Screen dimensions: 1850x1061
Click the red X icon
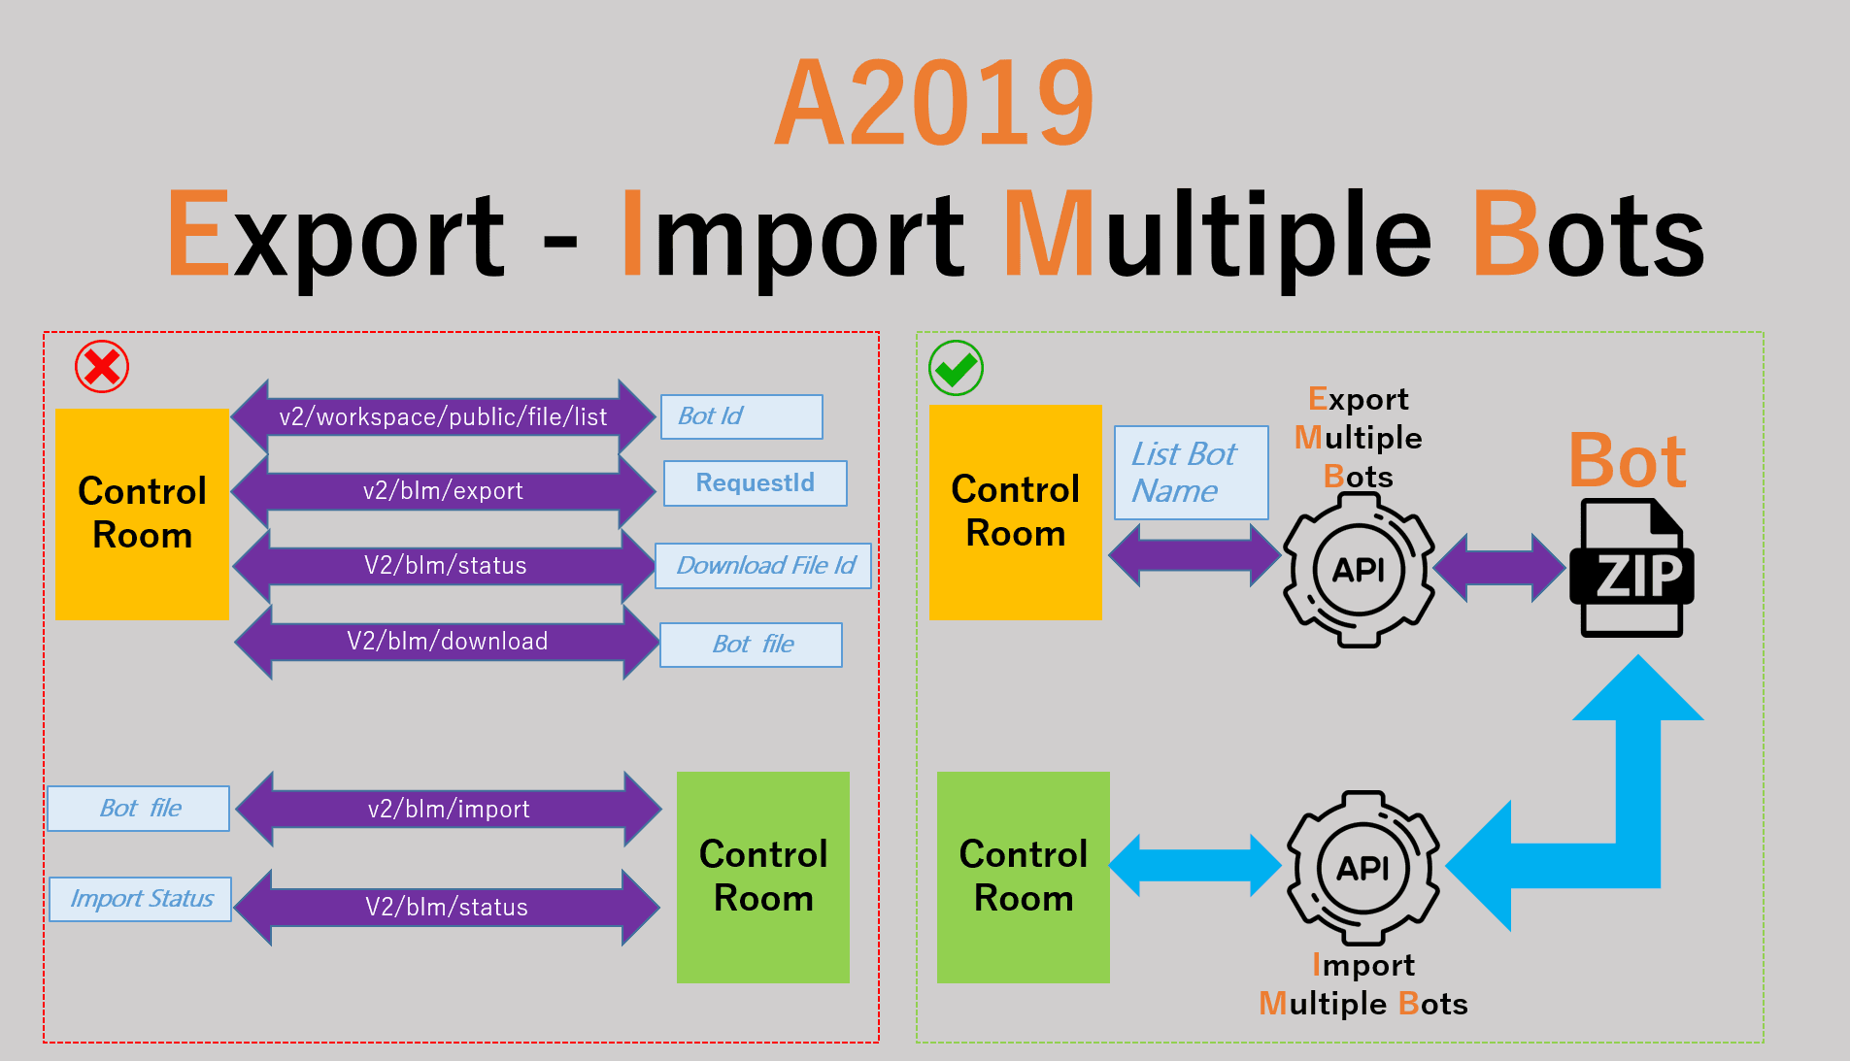[x=102, y=367]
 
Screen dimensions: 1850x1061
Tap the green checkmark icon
[x=956, y=368]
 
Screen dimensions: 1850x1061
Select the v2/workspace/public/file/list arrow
[x=443, y=416]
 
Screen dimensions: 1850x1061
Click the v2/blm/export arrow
[x=443, y=490]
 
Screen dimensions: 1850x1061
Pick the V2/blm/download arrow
[x=447, y=641]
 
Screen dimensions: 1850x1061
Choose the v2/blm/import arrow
[x=449, y=809]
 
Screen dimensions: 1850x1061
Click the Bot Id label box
[x=742, y=416]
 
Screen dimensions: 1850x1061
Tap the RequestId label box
[x=756, y=483]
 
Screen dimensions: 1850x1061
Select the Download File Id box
[x=763, y=566]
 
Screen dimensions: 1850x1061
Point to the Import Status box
[x=141, y=899]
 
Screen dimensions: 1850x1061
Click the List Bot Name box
[x=1192, y=473]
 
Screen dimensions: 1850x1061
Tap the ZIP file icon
[x=1631, y=568]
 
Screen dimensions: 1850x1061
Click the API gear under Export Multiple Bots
[x=1359, y=570]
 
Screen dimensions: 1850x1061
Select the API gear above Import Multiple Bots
[x=1363, y=868]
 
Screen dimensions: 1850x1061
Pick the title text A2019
[x=934, y=102]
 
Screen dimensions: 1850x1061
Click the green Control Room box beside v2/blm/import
[x=763, y=877]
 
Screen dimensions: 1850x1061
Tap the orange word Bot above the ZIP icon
[x=1628, y=460]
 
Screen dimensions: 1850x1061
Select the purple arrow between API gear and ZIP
[x=1500, y=568]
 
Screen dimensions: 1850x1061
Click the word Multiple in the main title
[x=1219, y=236]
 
